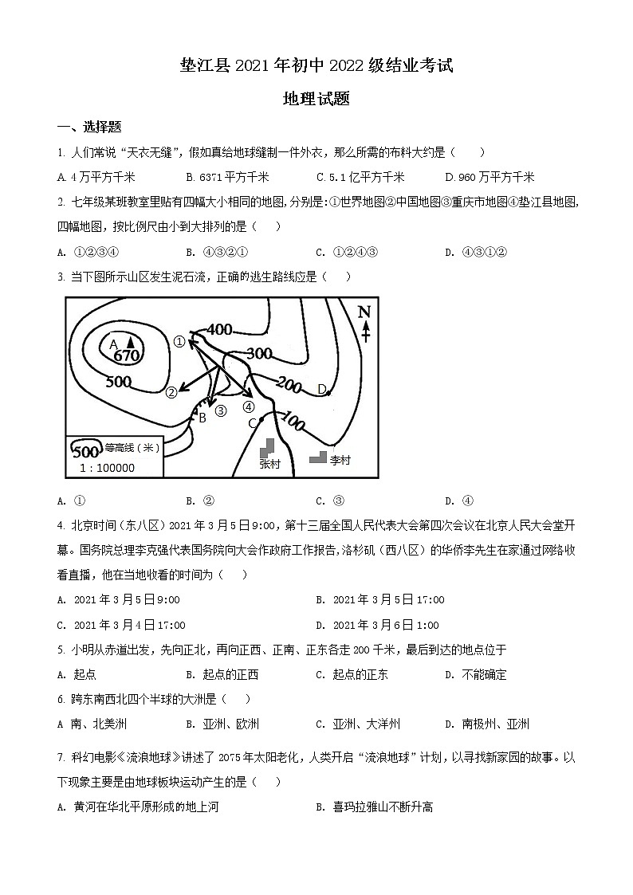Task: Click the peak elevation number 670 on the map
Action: [x=127, y=355]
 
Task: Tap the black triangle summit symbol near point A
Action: [x=129, y=342]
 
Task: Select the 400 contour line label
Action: [x=219, y=329]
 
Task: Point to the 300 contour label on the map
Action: [x=260, y=353]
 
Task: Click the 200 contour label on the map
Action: [x=290, y=387]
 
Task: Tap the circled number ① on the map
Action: [x=179, y=342]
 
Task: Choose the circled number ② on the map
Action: [x=171, y=392]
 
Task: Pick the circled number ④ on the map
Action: [x=248, y=406]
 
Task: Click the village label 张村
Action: [x=270, y=464]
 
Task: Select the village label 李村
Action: [x=340, y=460]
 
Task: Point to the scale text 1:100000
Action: [x=108, y=468]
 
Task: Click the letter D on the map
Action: [x=321, y=389]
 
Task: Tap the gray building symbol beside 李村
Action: [x=318, y=457]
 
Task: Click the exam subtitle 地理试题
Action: [x=316, y=100]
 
